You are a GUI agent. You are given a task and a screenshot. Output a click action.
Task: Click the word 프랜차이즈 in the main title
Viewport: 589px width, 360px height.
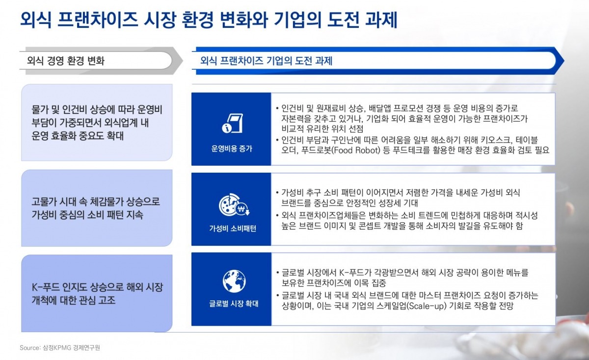tap(98, 20)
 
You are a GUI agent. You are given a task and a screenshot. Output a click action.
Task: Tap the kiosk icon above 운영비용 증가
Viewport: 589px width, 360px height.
tap(233, 123)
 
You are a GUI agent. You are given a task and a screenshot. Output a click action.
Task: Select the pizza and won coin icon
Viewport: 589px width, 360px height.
tap(234, 205)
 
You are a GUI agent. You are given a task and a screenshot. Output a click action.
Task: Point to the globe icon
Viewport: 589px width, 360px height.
tap(234, 281)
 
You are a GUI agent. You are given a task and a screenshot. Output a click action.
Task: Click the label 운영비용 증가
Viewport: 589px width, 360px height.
tap(232, 149)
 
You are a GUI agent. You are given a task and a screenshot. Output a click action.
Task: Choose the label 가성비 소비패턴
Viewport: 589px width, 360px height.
tap(233, 229)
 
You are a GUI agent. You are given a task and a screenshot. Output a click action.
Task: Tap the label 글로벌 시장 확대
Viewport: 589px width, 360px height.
tap(234, 304)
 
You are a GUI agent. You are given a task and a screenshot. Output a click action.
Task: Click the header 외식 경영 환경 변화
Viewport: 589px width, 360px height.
tap(66, 61)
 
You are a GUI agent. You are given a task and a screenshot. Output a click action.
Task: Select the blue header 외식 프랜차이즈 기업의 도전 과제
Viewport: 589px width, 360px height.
tap(267, 61)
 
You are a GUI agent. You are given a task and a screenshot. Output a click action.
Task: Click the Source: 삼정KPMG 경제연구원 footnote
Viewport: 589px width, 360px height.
tap(60, 348)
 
